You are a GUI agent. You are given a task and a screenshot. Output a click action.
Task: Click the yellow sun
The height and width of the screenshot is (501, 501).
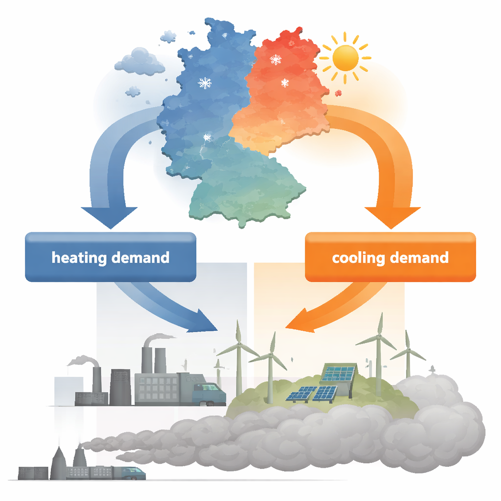coord(345,58)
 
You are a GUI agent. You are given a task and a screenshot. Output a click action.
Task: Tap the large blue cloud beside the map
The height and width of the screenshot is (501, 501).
coord(139,62)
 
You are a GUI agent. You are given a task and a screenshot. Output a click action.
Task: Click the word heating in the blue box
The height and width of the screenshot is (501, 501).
coord(79,258)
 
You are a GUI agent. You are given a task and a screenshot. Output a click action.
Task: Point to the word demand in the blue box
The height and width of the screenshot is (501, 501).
coord(140,257)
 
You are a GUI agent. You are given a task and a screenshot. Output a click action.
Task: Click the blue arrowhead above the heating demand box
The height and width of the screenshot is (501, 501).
coord(109,218)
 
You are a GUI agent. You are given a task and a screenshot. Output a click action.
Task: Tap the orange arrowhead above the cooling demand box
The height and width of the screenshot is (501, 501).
coord(392,218)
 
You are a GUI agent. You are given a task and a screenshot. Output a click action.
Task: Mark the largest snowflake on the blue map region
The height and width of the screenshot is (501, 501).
coord(205,83)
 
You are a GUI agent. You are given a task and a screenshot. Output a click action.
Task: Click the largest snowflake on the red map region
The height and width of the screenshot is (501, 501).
coord(275,59)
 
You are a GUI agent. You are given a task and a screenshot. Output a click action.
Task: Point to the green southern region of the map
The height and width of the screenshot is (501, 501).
coord(243,188)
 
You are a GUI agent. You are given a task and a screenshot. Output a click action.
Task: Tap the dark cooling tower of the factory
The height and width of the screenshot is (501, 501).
coord(120,387)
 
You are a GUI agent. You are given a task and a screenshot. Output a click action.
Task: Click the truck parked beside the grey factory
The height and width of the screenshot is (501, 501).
coord(209,395)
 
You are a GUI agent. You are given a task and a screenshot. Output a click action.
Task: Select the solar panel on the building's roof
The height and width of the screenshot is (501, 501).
coord(338,372)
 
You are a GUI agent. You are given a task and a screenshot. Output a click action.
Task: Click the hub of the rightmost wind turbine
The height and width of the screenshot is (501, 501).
coord(408,350)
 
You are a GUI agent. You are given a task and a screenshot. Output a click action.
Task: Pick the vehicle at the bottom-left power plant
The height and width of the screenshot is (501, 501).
coord(134,473)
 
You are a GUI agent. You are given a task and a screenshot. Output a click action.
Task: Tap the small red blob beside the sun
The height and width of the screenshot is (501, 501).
coord(338,93)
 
